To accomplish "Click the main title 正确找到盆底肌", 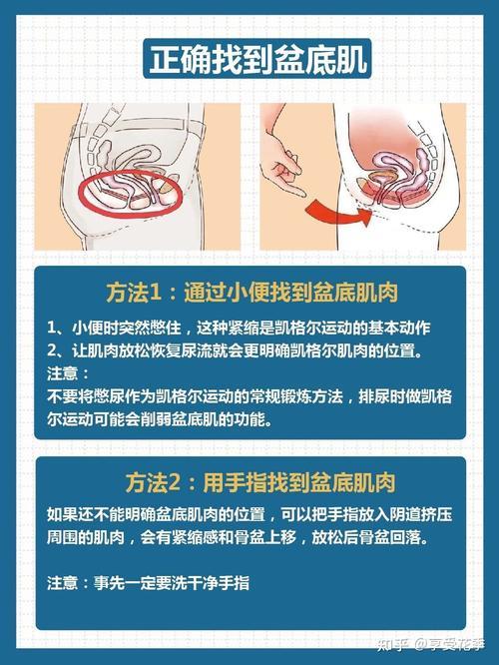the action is point(257,59).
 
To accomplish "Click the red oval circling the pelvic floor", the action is point(131,194).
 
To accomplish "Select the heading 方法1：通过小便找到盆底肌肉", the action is point(251,293).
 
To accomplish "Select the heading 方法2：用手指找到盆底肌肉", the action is point(260,482).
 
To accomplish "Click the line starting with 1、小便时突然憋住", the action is point(239,328).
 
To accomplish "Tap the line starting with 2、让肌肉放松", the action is point(235,350).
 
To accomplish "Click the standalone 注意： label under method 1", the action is point(68,373).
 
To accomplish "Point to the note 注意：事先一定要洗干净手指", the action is point(148,583).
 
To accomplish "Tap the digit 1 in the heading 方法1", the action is point(156,293).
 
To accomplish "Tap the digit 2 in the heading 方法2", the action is point(175,483).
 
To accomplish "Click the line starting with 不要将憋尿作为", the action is point(249,396).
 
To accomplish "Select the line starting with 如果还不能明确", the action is point(249,514).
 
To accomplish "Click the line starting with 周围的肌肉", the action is point(238,537).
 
